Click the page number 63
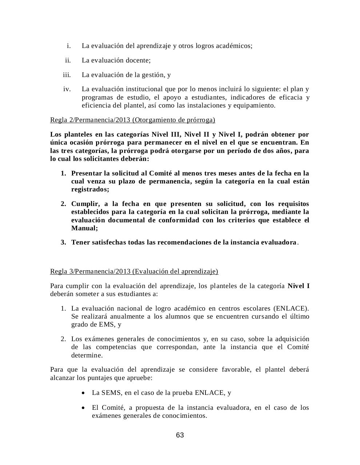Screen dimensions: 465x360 (180, 435)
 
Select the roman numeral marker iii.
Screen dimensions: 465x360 (67, 75)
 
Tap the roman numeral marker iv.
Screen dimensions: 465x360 (67, 89)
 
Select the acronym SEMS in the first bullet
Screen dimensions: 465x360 (112, 393)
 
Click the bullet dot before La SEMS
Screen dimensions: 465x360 (84, 393)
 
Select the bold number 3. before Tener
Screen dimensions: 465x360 (63, 242)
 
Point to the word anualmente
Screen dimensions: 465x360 (121, 316)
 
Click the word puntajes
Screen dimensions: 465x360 (100, 378)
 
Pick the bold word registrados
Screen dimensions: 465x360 (90, 189)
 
